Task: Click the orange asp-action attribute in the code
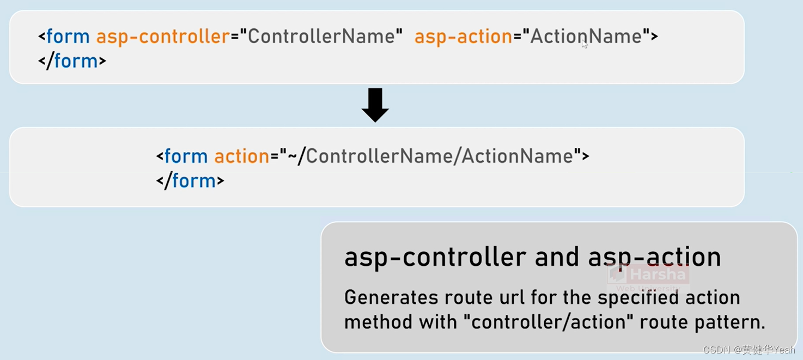point(463,36)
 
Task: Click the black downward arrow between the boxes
point(375,105)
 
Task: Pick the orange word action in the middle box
point(241,156)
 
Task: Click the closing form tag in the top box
point(72,60)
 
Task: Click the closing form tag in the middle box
point(190,180)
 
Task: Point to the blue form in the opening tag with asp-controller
point(68,36)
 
